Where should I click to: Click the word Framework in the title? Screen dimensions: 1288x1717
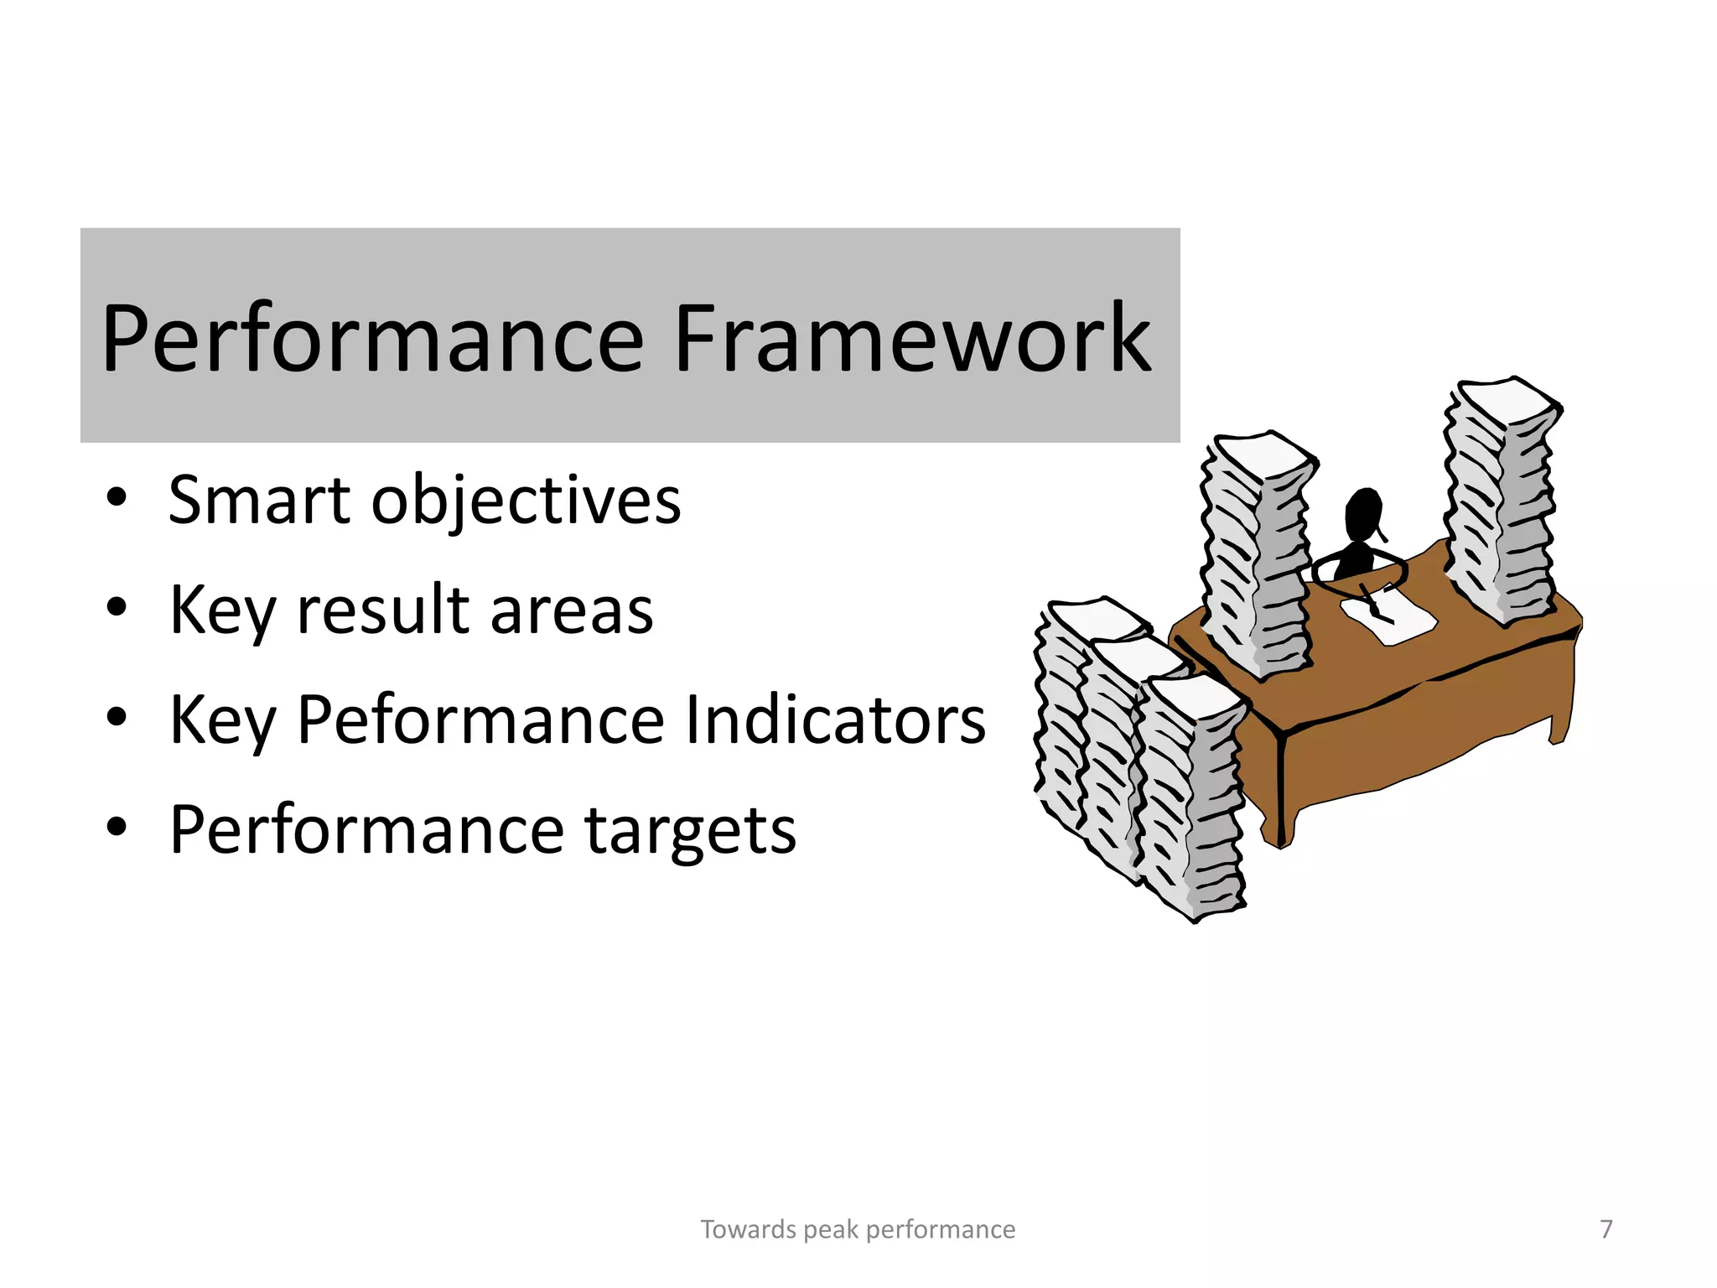912,340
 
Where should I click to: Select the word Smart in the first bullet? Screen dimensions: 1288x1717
259,501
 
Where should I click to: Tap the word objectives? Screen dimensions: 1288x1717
526,502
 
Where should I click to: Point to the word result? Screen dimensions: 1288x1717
383,610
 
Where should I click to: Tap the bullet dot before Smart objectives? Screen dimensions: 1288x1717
117,497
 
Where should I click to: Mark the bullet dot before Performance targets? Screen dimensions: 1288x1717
117,827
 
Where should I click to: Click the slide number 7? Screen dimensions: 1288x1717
1605,1228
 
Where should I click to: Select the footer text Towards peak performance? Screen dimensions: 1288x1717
858,1229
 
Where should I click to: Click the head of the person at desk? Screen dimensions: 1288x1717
1362,512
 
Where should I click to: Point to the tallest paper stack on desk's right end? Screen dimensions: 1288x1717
1501,503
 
